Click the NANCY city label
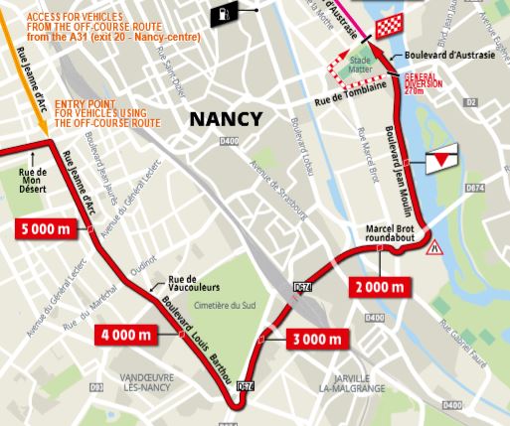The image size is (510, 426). tap(226, 119)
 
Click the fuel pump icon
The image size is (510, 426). tap(226, 13)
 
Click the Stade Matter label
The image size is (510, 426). tap(360, 66)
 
